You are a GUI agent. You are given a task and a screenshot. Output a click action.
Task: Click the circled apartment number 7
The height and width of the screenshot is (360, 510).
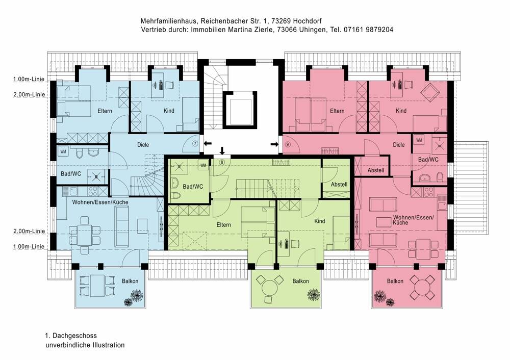tap(195, 144)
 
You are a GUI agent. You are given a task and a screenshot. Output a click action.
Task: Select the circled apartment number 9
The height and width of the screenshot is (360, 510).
tap(287, 144)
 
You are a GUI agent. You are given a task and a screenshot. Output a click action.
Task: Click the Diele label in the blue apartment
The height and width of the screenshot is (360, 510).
tap(143, 145)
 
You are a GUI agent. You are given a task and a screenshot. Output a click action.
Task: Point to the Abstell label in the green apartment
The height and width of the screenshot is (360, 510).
tap(339, 184)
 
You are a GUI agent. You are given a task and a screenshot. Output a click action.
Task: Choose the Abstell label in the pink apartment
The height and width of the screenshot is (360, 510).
tap(376, 170)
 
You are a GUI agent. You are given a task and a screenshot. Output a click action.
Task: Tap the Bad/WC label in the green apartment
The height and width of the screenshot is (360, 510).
tap(193, 187)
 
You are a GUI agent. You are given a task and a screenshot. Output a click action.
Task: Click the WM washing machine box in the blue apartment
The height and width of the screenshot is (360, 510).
tap(63, 152)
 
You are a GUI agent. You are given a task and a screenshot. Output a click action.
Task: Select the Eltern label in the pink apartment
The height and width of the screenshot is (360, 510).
tap(337, 111)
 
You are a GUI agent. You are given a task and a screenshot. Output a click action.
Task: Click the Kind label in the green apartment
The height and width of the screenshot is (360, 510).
tap(320, 221)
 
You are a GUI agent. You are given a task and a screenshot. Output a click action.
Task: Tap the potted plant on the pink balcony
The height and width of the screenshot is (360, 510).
tap(380, 296)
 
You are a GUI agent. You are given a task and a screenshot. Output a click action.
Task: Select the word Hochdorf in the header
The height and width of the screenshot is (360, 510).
tap(311, 21)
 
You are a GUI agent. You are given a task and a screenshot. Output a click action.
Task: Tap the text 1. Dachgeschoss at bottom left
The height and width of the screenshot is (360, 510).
tap(71, 336)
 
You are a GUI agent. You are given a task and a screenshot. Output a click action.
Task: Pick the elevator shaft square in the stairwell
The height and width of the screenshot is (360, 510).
tap(238, 109)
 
